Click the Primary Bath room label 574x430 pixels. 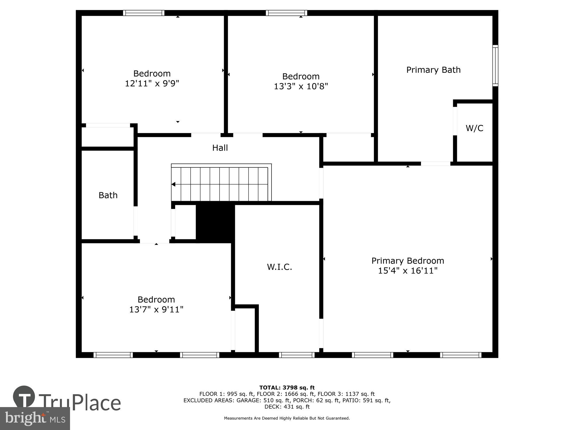[433, 70]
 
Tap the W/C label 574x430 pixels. [474, 128]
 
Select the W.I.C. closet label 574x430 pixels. [280, 267]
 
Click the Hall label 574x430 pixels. [220, 148]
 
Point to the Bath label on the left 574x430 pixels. [108, 195]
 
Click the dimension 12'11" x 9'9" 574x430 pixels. [152, 83]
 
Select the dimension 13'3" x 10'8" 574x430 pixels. [301, 86]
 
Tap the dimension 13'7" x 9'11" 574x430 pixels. [156, 310]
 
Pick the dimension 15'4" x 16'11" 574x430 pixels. [408, 271]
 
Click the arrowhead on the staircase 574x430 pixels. [173, 184]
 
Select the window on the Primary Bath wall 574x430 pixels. [495, 66]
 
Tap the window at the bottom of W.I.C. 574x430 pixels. [297, 355]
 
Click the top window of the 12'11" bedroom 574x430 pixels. [144, 13]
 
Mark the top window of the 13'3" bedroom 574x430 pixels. [286, 13]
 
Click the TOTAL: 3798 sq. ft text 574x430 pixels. [287, 388]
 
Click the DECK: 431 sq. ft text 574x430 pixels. [287, 407]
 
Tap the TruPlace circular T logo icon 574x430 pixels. [24, 397]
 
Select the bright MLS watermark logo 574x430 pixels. [35, 419]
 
